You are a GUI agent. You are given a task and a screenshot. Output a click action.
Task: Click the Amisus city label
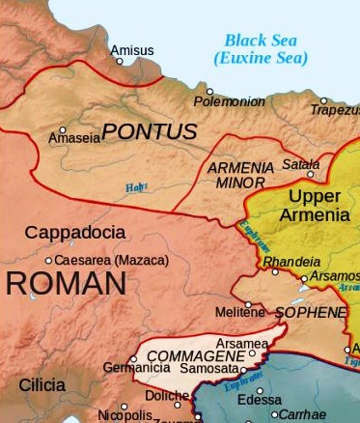(131, 49)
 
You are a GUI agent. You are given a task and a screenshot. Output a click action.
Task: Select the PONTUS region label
(150, 132)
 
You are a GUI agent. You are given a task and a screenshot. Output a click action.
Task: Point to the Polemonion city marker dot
(209, 92)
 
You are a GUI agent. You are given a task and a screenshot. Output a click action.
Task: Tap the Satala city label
(300, 165)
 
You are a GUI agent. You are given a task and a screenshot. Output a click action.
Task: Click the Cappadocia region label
(74, 233)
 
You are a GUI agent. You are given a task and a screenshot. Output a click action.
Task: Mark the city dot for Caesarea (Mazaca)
(49, 260)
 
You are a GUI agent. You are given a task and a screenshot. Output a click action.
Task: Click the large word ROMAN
(64, 284)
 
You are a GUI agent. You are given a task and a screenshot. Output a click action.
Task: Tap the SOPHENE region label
(310, 313)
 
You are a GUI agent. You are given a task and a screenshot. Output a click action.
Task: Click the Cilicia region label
(42, 385)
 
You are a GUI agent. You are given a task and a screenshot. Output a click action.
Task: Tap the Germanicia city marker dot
(133, 359)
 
